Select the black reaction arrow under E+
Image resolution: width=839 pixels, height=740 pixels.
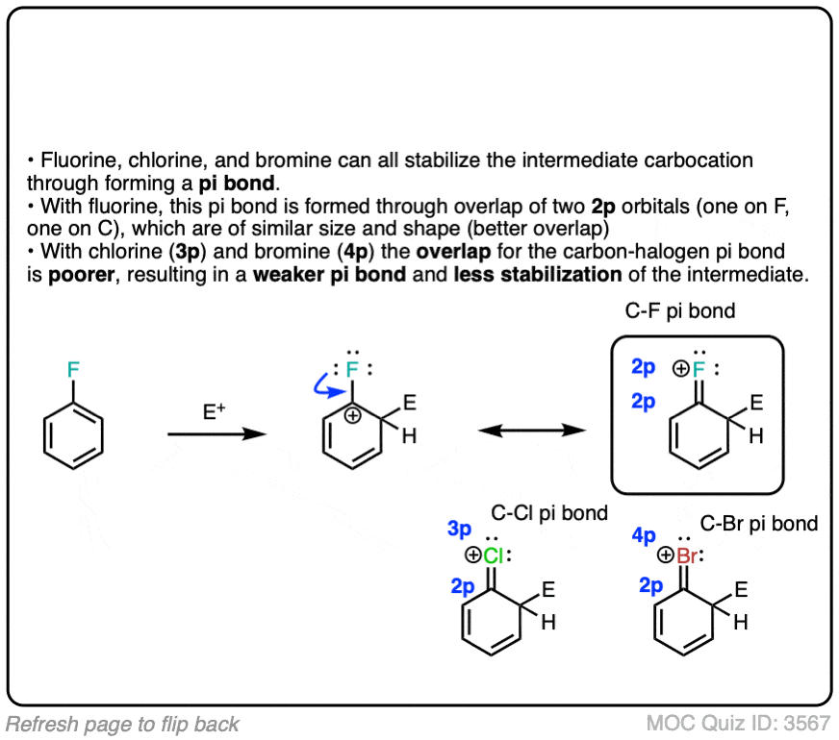pos(216,434)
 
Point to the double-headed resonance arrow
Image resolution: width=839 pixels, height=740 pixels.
pos(532,432)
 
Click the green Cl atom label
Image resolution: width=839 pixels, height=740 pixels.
pos(493,555)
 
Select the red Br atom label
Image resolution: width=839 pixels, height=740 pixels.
pos(687,556)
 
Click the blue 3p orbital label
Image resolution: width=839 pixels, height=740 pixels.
pos(459,529)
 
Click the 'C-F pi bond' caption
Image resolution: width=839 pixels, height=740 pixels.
pos(680,310)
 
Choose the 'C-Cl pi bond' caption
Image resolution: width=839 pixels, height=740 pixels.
pos(549,513)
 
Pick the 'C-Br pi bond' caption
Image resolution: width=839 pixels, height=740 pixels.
pos(759,524)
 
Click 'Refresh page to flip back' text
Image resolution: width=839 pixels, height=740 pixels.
pos(122,724)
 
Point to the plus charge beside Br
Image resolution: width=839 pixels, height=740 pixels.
pos(666,556)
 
